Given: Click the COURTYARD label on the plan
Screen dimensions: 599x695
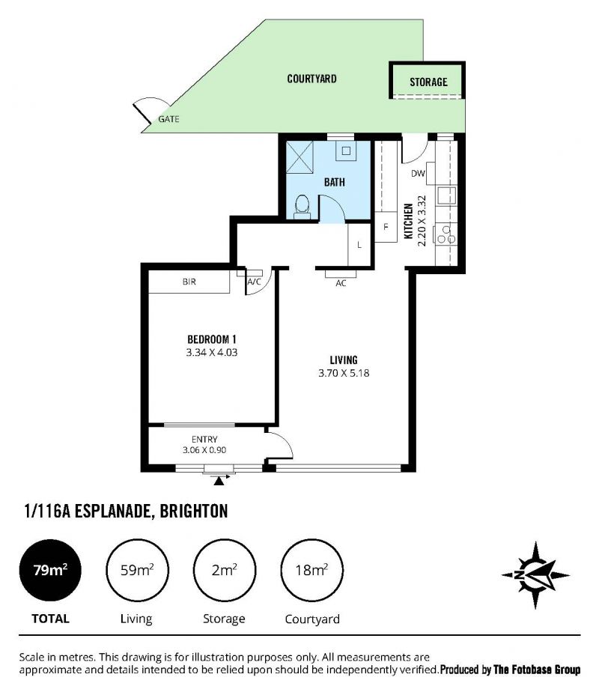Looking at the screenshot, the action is point(311,79).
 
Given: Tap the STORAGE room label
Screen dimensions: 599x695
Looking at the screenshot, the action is point(428,82).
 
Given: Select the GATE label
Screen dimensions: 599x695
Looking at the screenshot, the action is point(168,119).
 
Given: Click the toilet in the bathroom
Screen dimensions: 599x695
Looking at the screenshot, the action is point(302,207).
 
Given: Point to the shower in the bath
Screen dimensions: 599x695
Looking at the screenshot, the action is point(299,157).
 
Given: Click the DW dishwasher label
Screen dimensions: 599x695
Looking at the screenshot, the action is point(418,174).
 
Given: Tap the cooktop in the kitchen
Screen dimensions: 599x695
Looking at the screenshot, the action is point(446,234).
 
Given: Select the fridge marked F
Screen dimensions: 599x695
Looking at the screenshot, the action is point(386,227).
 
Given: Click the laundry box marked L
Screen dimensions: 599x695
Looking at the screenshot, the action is point(359,245).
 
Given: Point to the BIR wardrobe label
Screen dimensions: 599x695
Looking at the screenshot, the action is point(189,282).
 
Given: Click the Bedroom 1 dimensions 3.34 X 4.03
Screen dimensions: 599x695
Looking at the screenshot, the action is point(212,353).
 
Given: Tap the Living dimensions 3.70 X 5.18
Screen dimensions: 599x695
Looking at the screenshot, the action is point(344,373).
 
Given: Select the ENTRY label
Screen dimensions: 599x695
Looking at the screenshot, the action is point(204,440).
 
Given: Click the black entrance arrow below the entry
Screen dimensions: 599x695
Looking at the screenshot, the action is point(219,481).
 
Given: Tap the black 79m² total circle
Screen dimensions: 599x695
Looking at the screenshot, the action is point(50,570).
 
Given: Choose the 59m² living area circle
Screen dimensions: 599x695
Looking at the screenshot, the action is point(137,570).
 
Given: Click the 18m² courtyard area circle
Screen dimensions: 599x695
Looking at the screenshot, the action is point(312,570).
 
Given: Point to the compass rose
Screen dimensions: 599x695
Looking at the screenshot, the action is point(535,575).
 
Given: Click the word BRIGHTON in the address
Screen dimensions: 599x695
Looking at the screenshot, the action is point(194,512).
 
